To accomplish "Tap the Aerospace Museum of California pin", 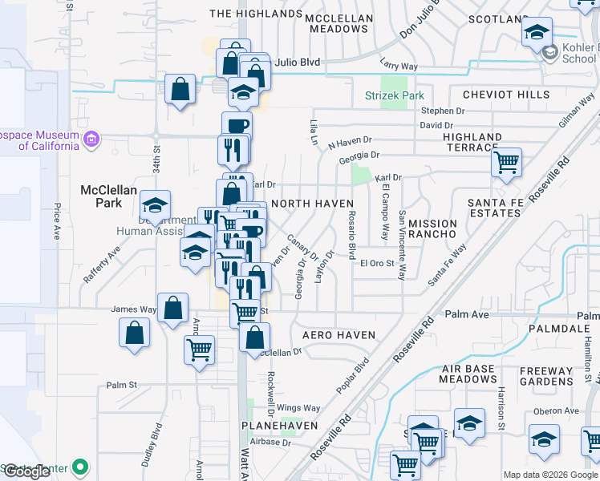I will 91,141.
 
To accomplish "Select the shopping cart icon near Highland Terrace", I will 506,163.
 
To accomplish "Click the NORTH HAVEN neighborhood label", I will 312,204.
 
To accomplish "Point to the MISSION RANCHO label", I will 432,228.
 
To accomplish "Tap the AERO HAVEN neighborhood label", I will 339,333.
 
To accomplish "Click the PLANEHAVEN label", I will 282,425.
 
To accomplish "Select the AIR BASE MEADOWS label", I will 470,374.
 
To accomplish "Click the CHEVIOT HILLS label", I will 506,95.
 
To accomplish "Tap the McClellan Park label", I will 101,196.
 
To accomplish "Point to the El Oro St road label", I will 377,262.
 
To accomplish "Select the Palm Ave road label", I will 466,313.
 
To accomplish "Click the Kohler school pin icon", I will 550,54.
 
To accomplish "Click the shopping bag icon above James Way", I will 172,308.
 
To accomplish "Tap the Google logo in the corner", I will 26,471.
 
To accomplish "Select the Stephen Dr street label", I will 443,111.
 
